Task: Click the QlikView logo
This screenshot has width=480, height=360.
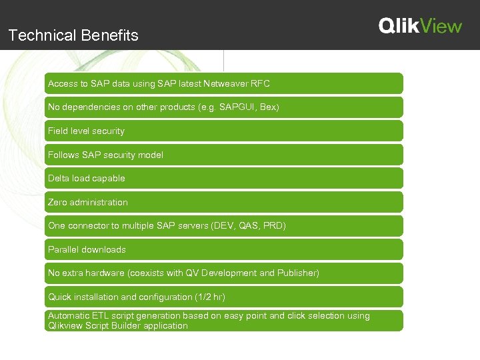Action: (x=420, y=26)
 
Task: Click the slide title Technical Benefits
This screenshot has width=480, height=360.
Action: (x=73, y=35)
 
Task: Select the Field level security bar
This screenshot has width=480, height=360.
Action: (x=223, y=131)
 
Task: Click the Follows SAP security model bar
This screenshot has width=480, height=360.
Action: (x=223, y=155)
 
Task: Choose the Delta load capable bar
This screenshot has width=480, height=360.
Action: (x=223, y=178)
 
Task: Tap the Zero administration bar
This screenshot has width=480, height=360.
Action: (x=223, y=202)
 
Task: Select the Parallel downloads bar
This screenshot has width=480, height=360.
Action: (x=223, y=249)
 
